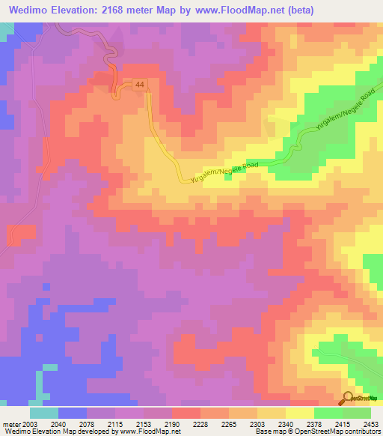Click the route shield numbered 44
coord(140,86)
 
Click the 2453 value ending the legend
coord(368,424)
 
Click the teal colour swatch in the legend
coord(44,413)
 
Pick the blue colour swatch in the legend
coord(73,413)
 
